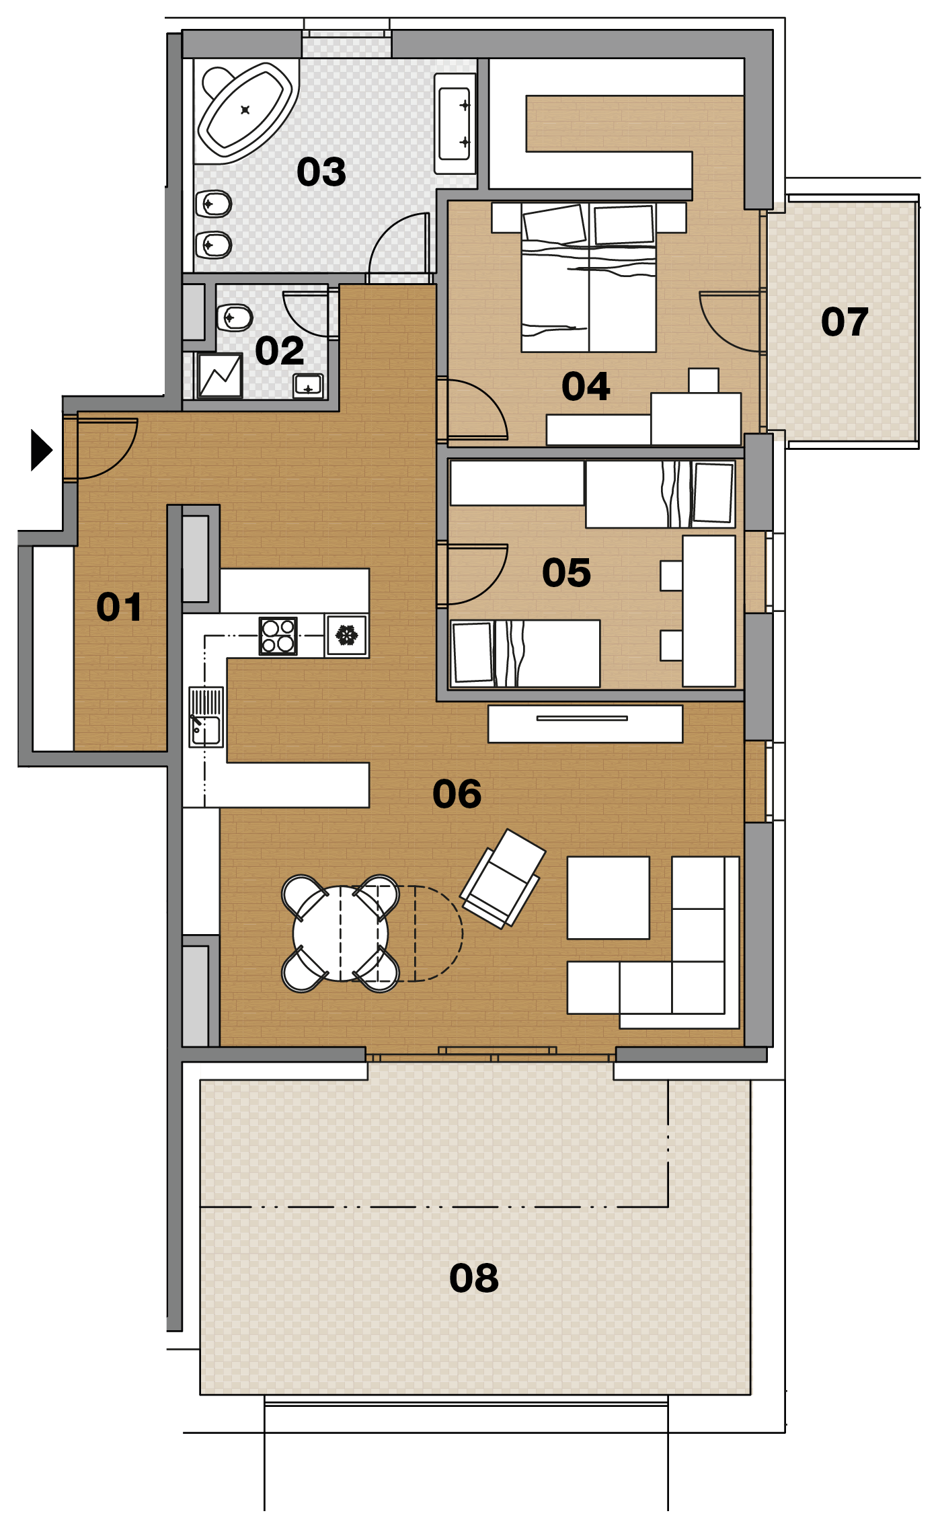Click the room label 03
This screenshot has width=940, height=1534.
click(321, 171)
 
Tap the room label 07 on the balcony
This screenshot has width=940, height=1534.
click(845, 321)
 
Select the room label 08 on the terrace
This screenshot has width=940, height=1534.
click(474, 1278)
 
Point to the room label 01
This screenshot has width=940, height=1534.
click(119, 607)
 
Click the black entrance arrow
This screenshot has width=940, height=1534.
click(42, 451)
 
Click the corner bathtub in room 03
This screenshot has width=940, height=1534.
click(245, 111)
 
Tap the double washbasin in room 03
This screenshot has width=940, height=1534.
click(455, 124)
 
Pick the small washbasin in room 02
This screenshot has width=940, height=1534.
click(308, 386)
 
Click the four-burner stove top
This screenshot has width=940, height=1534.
click(278, 636)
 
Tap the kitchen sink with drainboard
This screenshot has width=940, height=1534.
click(206, 717)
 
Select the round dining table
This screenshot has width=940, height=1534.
click(340, 933)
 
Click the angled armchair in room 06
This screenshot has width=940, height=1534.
click(502, 878)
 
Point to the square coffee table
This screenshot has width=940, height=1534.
click(609, 898)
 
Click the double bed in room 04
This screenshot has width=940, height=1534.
click(589, 277)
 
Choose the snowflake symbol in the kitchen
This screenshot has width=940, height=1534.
click(347, 636)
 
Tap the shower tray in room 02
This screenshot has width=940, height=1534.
click(220, 375)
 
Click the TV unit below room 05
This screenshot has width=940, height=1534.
click(585, 724)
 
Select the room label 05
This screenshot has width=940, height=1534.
click(566, 573)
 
